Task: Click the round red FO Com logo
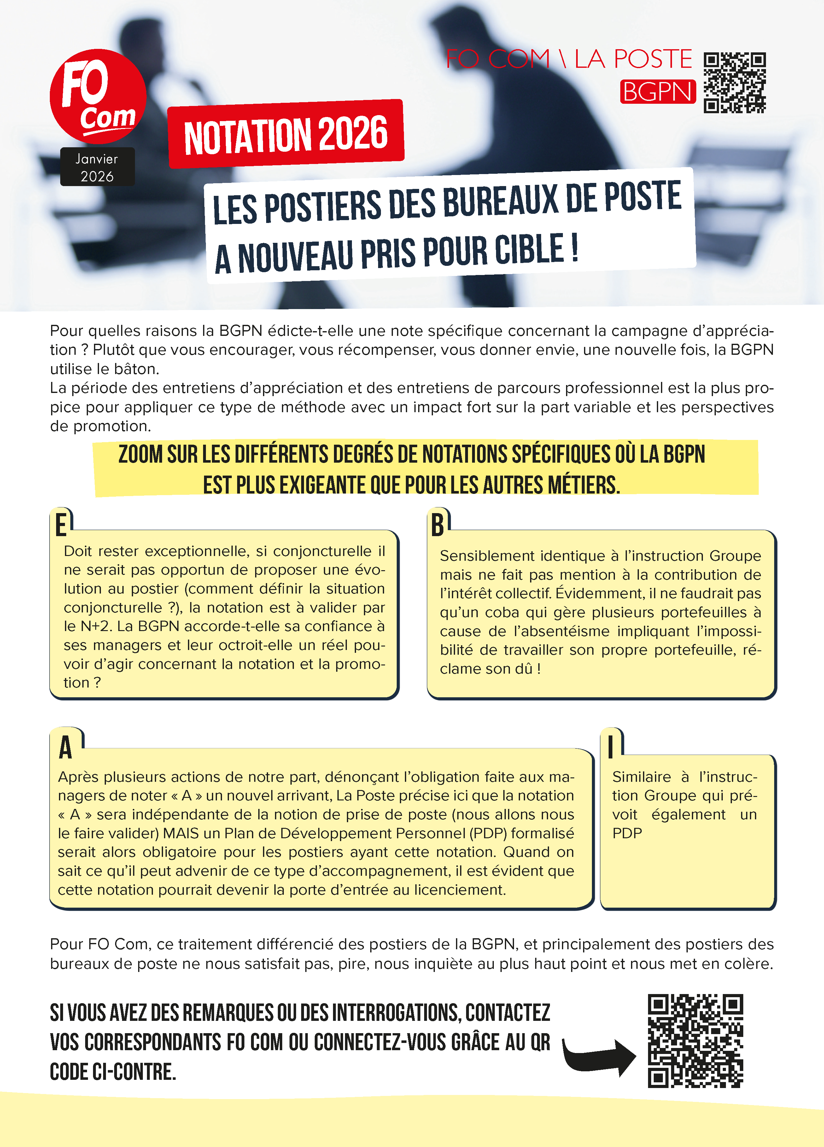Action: click(98, 97)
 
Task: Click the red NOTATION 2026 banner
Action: click(286, 134)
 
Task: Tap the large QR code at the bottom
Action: click(696, 1041)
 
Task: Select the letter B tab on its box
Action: click(438, 525)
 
